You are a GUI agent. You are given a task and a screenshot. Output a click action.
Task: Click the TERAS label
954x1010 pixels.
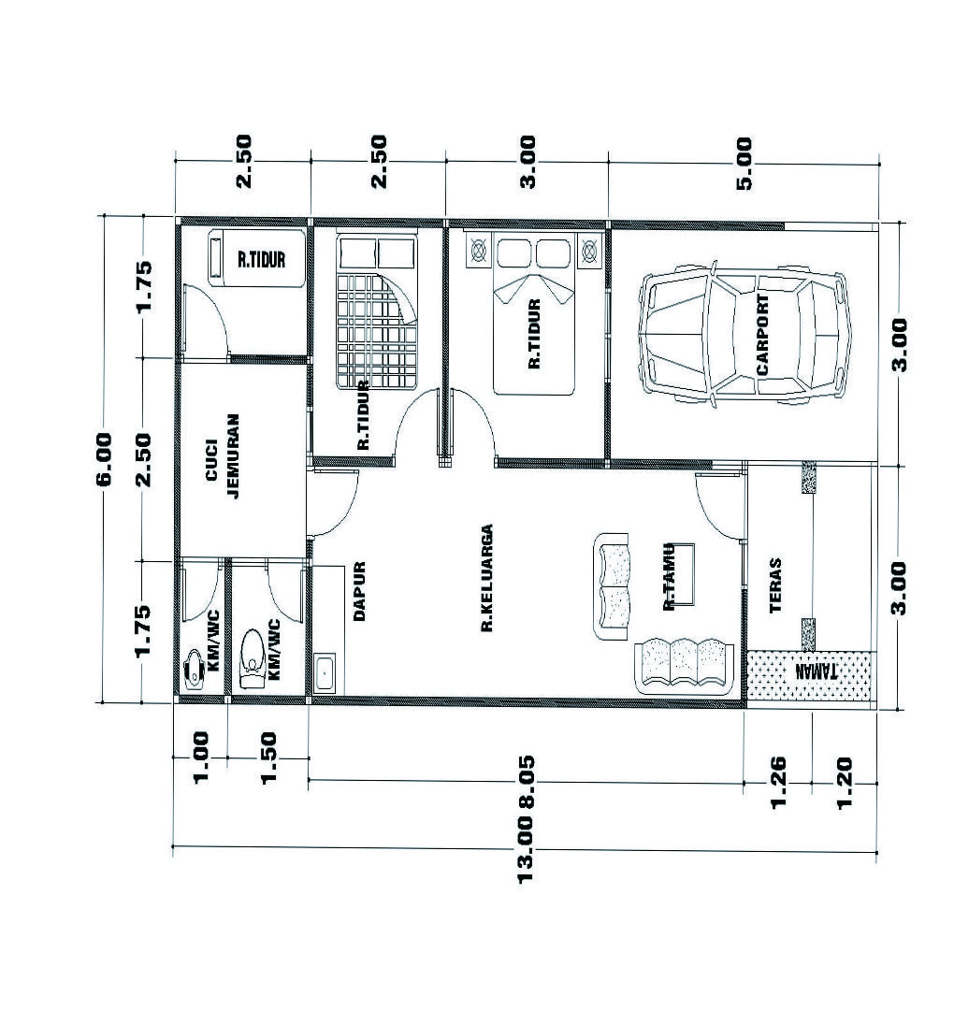(775, 584)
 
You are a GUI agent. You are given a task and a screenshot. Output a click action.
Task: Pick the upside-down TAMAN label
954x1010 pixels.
(817, 671)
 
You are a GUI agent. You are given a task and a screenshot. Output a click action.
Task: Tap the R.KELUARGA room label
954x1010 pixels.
(487, 578)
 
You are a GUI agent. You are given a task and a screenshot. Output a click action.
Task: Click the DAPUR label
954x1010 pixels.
(359, 591)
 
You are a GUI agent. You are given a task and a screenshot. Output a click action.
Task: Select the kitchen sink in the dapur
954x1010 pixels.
(325, 673)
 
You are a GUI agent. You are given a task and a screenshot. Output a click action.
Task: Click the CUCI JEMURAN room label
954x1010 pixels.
(223, 456)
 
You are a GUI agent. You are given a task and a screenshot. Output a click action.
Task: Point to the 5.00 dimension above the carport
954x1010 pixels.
(744, 163)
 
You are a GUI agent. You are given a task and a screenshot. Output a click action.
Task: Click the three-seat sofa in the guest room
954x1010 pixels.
(684, 666)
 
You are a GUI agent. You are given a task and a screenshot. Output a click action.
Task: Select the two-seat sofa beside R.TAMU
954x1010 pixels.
(612, 586)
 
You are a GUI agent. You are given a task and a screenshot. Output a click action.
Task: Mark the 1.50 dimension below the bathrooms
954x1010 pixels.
(268, 757)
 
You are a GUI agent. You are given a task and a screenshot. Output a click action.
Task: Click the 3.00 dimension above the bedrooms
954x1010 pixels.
(528, 161)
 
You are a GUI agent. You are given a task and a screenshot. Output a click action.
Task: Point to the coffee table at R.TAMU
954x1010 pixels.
(682, 574)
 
